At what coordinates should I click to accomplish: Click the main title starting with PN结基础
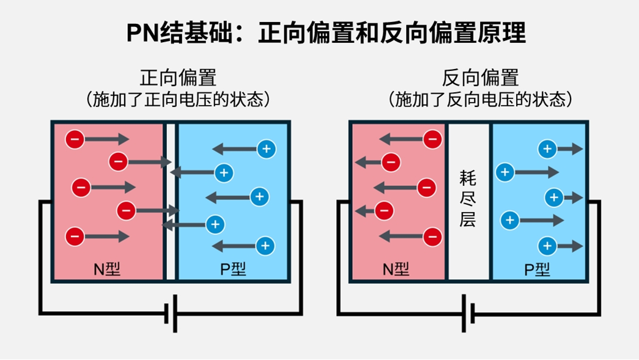click(x=325, y=33)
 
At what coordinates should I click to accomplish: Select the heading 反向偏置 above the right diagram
click(x=480, y=78)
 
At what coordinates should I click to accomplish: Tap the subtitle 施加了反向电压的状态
click(x=480, y=99)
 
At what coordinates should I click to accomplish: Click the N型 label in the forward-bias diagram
click(x=106, y=269)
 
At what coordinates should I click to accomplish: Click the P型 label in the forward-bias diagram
click(x=232, y=269)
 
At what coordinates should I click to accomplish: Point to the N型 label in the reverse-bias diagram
click(x=396, y=269)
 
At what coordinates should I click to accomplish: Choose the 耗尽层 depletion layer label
click(x=468, y=199)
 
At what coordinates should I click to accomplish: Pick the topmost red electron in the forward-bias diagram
click(x=75, y=139)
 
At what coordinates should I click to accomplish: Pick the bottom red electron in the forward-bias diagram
click(x=75, y=235)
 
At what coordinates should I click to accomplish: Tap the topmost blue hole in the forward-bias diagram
click(x=266, y=149)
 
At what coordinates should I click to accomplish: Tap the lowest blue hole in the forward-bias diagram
click(x=265, y=246)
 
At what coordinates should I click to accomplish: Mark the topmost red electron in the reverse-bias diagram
click(x=432, y=139)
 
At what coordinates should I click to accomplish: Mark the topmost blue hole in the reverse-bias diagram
click(x=547, y=149)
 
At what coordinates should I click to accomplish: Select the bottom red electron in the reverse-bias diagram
click(x=432, y=236)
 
